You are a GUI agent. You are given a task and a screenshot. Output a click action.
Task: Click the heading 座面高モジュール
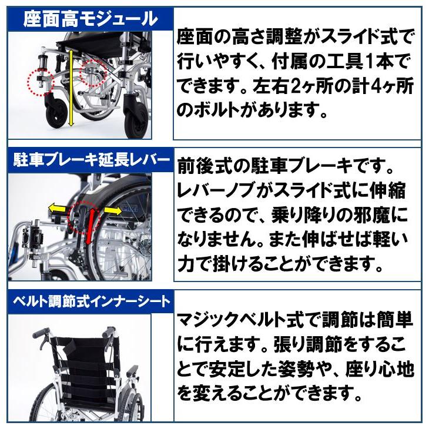[x=90, y=19]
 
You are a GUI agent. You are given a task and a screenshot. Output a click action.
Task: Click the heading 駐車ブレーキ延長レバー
[x=90, y=159]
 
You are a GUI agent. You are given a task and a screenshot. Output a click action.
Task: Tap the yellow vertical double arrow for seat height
[x=71, y=88]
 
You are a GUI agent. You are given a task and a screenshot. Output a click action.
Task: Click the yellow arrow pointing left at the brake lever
[x=58, y=208]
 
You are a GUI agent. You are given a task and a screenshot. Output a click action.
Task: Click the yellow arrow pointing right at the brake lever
[x=112, y=210]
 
